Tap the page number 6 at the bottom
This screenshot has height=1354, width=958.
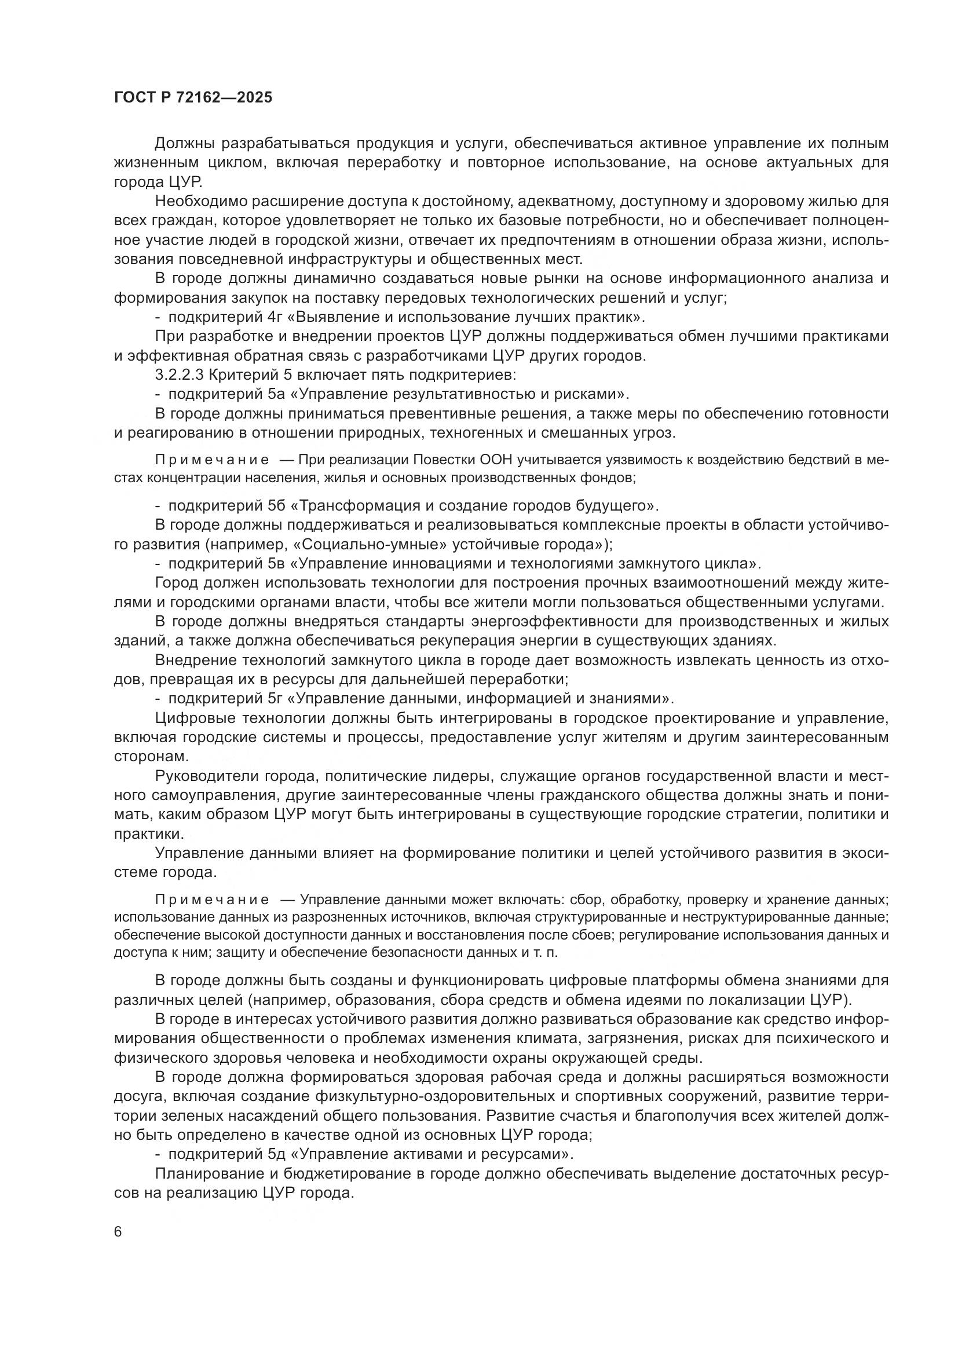point(118,1232)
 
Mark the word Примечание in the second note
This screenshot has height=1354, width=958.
point(212,900)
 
